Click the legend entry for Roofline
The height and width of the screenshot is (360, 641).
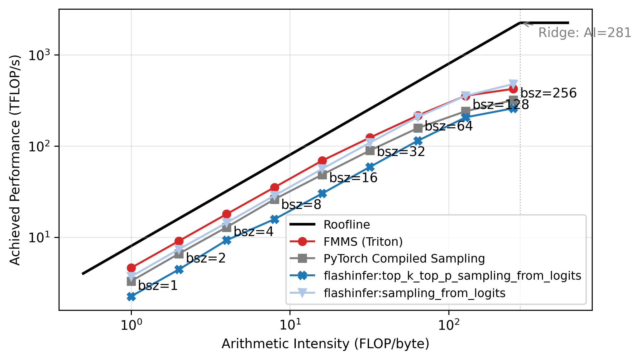coord(347,225)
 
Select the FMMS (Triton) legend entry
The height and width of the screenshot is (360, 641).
coord(363,242)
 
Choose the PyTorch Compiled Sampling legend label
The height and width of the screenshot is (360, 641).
coord(404,258)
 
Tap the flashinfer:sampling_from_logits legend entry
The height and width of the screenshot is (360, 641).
coord(414,293)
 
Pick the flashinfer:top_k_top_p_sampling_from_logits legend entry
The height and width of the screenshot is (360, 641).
coord(452,276)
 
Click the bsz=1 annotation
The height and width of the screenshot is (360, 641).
coord(158,286)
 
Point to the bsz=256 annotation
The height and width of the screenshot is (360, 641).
coord(548,93)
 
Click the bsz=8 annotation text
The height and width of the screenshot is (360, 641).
coord(301,205)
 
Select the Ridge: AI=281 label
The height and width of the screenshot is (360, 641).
coord(585,33)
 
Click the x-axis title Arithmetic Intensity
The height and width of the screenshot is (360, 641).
coord(325,344)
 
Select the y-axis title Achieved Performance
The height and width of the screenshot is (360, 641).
coord(15,160)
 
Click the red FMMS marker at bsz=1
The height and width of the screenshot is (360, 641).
coord(131,268)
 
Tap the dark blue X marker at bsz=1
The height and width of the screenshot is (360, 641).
coord(131,296)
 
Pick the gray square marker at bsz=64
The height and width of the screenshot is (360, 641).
coord(418,128)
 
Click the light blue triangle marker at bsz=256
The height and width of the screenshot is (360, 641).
coord(514,84)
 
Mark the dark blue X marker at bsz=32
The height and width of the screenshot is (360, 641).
coord(370,167)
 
